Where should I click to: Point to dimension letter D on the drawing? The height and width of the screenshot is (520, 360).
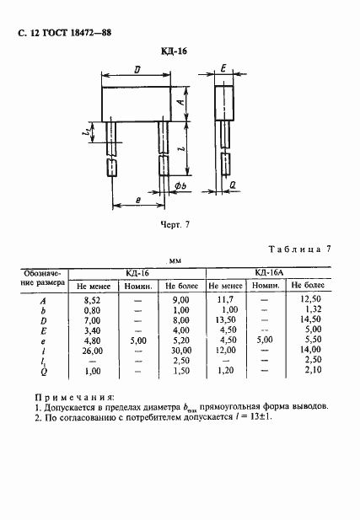[x=137, y=72]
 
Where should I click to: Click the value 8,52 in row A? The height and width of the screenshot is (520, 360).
[x=90, y=300]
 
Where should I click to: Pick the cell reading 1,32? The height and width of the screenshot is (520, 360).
[x=307, y=311]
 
